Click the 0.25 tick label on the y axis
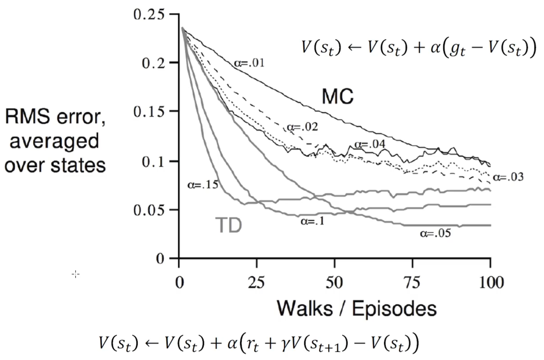pyautogui.click(x=150, y=14)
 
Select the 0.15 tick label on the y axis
pyautogui.click(x=150, y=112)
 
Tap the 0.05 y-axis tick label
pyautogui.click(x=150, y=209)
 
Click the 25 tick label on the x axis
pyautogui.click(x=257, y=283)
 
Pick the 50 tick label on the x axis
pyautogui.click(x=335, y=283)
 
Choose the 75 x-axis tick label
pyautogui.click(x=413, y=283)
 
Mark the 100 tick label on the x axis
pyautogui.click(x=490, y=283)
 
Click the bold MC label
pyautogui.click(x=338, y=96)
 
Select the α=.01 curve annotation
pyautogui.click(x=249, y=63)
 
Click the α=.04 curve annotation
pyautogui.click(x=370, y=144)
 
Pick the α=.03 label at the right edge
pyautogui.click(x=508, y=177)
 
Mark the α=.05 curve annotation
pyautogui.click(x=435, y=233)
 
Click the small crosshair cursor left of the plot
pyautogui.click(x=75, y=274)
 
